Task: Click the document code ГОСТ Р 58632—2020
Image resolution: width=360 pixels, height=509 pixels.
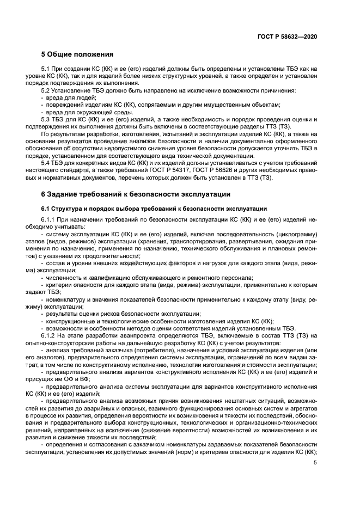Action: [288, 35]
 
